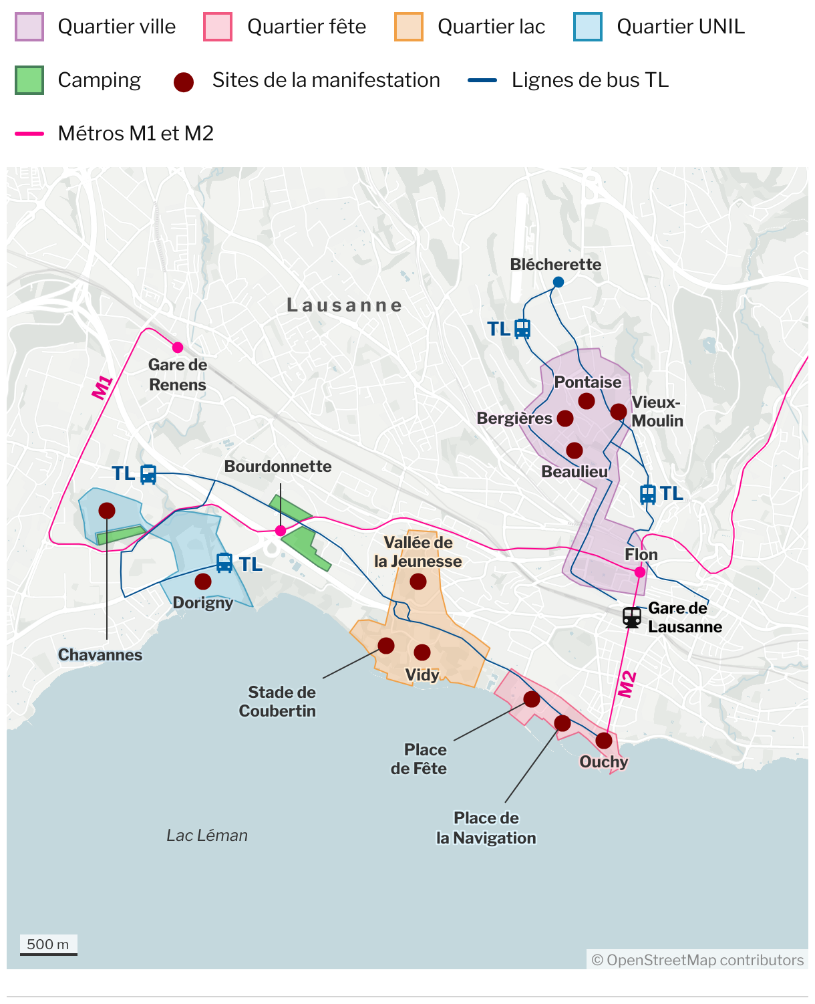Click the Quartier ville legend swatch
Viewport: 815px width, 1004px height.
[x=29, y=27]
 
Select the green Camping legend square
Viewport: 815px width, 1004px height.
[x=29, y=80]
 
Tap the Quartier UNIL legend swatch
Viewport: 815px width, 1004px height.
[x=588, y=27]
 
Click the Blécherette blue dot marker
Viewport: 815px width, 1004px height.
[x=558, y=282]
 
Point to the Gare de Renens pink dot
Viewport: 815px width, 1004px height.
[x=178, y=348]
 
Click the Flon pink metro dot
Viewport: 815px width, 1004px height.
[x=640, y=572]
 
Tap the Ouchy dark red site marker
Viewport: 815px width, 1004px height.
[x=604, y=741]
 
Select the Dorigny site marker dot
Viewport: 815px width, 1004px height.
[x=203, y=582]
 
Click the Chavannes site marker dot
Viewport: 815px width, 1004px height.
[x=107, y=511]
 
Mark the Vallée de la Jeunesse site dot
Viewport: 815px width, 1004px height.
[x=418, y=582]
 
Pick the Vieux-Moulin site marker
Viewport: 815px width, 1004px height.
[x=619, y=411]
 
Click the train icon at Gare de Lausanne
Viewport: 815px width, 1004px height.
[x=632, y=617]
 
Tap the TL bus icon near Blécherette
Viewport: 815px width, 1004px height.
[x=522, y=329]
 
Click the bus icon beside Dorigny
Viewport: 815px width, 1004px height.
[x=224, y=563]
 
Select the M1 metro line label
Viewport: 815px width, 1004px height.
[x=102, y=388]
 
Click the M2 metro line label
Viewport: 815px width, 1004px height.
[x=627, y=684]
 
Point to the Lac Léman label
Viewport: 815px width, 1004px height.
[x=207, y=836]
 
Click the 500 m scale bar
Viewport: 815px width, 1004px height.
[x=48, y=945]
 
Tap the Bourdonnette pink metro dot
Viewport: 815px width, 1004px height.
[x=281, y=531]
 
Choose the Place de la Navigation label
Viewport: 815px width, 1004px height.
[x=486, y=828]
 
